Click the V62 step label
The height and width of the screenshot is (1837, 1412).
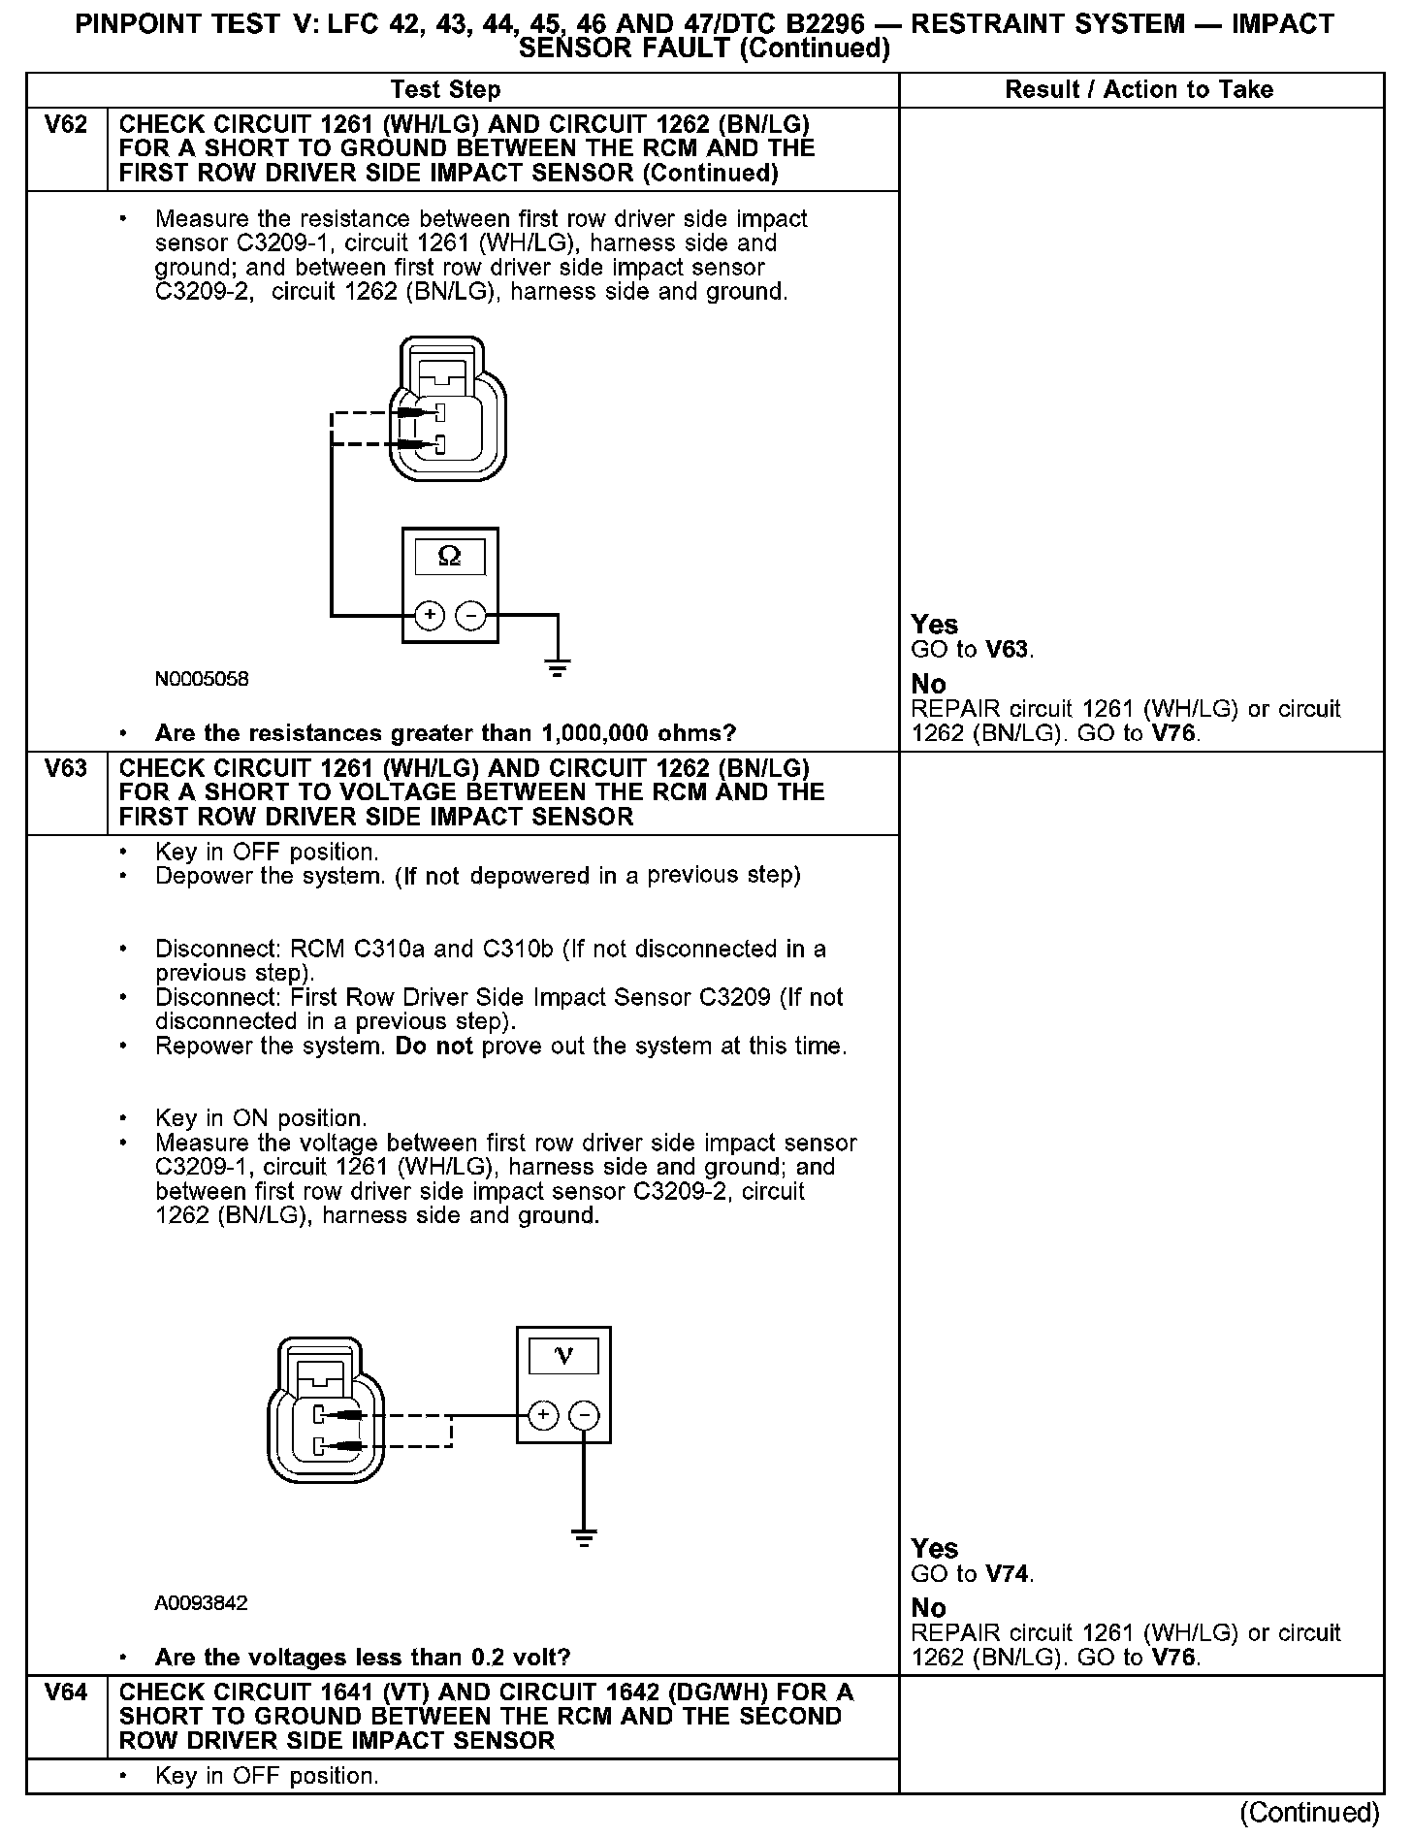click(66, 125)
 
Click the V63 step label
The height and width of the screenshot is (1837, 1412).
click(66, 769)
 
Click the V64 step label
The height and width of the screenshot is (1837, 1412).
click(66, 1692)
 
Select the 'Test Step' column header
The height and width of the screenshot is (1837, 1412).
click(445, 90)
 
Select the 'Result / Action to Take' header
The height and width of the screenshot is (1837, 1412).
click(1139, 90)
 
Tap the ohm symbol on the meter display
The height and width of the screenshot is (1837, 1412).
click(450, 556)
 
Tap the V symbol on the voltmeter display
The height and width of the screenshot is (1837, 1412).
click(563, 1356)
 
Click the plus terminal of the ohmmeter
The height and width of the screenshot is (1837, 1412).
click(430, 615)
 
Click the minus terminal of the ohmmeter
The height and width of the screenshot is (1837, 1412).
click(471, 615)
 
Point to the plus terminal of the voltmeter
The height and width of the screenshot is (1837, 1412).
click(543, 1415)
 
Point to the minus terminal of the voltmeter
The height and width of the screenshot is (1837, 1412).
click(584, 1415)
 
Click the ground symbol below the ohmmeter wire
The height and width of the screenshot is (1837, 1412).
click(557, 667)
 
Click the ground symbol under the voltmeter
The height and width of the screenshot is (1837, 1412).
click(584, 1537)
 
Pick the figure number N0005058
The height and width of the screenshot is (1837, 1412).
click(202, 679)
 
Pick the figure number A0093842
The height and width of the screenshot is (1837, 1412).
click(201, 1603)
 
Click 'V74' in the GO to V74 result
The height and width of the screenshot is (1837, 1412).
click(1008, 1573)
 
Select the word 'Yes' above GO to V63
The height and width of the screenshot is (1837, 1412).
click(935, 625)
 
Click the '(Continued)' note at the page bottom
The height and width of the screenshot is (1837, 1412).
click(1309, 1812)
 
